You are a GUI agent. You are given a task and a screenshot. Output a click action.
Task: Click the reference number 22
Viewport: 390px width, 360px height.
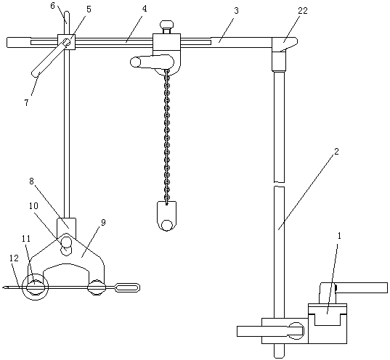[303, 11]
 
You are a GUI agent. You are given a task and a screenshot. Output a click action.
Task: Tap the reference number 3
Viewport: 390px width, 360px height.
[236, 11]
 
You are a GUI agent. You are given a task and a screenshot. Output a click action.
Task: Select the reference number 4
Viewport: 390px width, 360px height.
[145, 9]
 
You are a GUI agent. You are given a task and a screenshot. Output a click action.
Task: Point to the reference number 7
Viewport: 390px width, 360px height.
[27, 102]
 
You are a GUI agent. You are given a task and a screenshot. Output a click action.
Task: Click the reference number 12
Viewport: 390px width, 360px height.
[14, 258]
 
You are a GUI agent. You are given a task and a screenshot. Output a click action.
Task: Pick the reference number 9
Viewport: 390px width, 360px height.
[104, 222]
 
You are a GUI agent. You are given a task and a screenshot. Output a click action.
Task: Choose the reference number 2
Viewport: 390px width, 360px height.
[336, 152]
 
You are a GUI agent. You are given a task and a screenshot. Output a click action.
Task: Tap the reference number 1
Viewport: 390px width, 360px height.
[339, 235]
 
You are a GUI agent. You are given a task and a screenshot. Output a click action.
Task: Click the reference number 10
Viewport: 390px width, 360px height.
[33, 206]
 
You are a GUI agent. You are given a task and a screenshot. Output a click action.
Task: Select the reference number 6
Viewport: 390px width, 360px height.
[52, 6]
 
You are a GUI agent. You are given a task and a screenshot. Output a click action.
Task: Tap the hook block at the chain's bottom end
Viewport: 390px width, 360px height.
[166, 216]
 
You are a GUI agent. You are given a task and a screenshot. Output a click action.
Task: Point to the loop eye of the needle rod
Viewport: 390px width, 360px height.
[127, 287]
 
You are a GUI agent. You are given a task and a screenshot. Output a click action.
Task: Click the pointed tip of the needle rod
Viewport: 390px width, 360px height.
[2, 288]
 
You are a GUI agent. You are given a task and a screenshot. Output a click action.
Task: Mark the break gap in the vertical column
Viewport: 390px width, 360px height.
[279, 184]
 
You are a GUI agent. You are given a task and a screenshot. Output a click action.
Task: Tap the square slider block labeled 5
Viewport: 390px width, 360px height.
[66, 42]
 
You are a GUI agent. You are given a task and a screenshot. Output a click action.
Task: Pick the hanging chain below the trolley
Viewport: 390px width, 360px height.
[166, 136]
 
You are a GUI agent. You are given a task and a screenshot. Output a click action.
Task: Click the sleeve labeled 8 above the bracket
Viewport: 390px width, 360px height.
[67, 226]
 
